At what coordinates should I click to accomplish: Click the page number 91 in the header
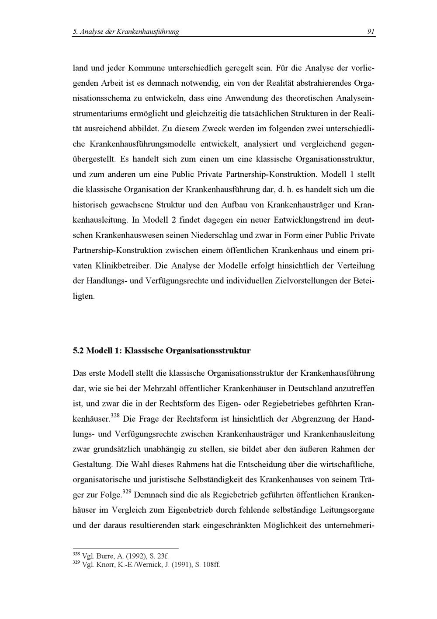[x=371, y=31]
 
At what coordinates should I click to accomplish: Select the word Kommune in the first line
[x=146, y=68]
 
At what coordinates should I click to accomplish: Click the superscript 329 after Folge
[x=127, y=492]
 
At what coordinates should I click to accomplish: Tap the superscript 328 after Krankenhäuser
[x=115, y=416]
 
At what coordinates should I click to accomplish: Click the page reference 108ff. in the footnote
[x=208, y=565]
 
